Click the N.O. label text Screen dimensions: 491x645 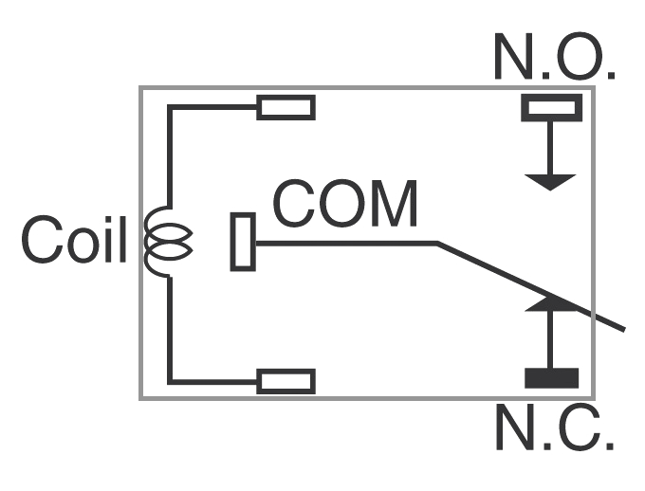(555, 59)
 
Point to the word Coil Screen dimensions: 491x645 (74, 240)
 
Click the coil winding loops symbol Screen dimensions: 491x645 (168, 243)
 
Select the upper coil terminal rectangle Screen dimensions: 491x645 (286, 107)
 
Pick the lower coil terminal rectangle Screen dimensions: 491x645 (286, 381)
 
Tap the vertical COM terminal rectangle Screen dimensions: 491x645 (243, 242)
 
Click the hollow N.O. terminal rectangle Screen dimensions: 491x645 (551, 108)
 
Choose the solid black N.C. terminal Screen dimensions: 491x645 (551, 379)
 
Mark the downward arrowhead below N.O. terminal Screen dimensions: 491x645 (551, 181)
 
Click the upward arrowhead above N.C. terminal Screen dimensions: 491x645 (551, 303)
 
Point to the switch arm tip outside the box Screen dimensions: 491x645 (622, 328)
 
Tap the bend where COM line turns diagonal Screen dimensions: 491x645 (437, 244)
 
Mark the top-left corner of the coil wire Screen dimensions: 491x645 (170, 107)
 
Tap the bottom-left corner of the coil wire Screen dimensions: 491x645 (170, 381)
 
